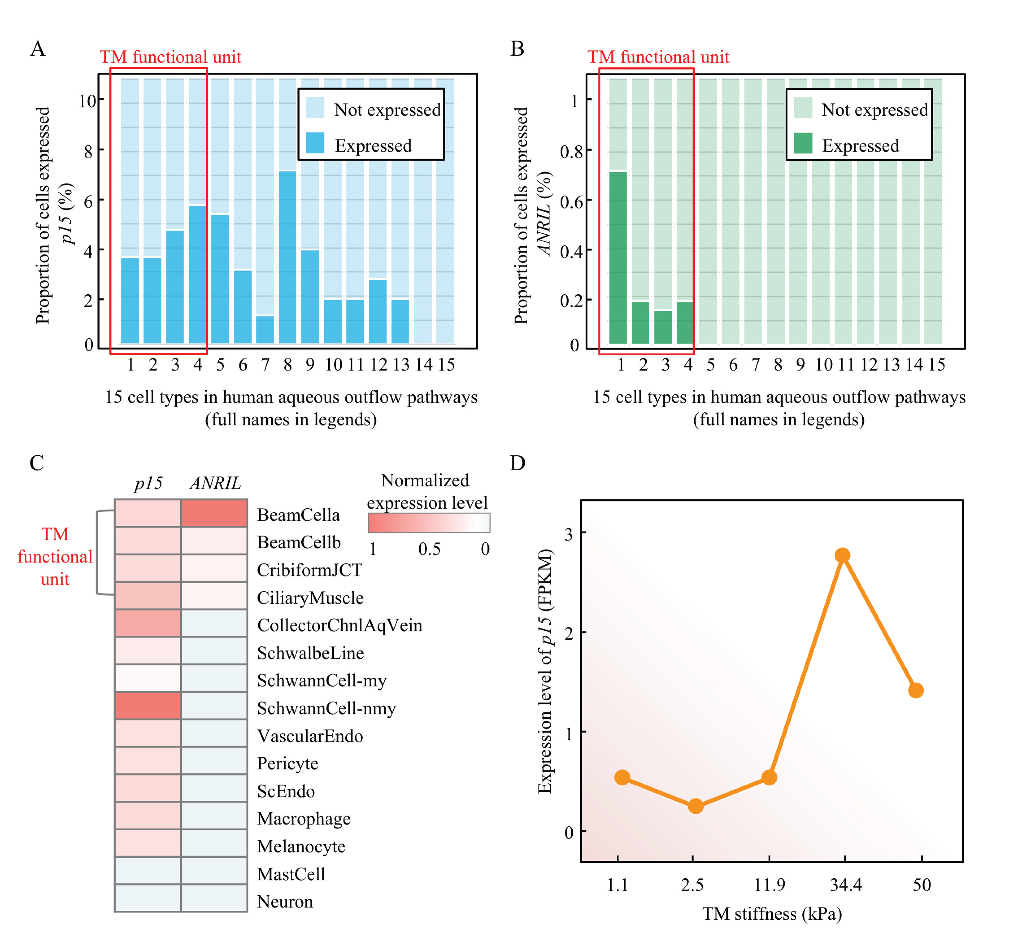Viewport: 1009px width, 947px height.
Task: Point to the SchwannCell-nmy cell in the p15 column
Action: tap(148, 705)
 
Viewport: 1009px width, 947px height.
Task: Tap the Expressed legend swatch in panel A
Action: tap(315, 143)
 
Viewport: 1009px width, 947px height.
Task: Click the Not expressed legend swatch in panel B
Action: tap(803, 108)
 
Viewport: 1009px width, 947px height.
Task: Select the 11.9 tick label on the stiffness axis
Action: tap(770, 885)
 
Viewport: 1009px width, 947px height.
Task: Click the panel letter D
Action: tap(517, 463)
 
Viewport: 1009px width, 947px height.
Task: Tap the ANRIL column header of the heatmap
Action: tap(215, 483)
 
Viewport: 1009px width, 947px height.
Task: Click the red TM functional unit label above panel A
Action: tap(171, 57)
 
